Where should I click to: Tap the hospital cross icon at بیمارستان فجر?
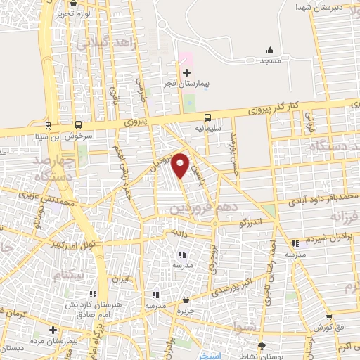[x=186, y=72]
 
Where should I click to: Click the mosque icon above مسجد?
[x=270, y=50]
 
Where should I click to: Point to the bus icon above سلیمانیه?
[x=207, y=118]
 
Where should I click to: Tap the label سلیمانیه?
[x=209, y=129]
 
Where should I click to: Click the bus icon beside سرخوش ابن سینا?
[x=47, y=127]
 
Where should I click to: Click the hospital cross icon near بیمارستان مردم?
[x=53, y=329]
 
